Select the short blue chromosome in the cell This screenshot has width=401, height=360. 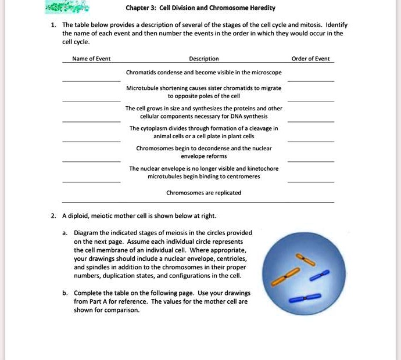318,275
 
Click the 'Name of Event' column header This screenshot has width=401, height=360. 91,59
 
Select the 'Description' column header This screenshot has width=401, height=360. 204,59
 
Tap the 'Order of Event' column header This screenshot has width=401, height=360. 310,59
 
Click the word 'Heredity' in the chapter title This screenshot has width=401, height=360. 260,8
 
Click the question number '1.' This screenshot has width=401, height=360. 53,26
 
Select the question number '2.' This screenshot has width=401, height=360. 53,216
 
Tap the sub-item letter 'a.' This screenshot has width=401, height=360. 65,232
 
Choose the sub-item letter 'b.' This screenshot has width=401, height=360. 65,293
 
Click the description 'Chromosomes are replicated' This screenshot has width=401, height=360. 204,193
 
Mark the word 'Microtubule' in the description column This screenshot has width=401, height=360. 141,88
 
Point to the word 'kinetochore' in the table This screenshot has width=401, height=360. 263,168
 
